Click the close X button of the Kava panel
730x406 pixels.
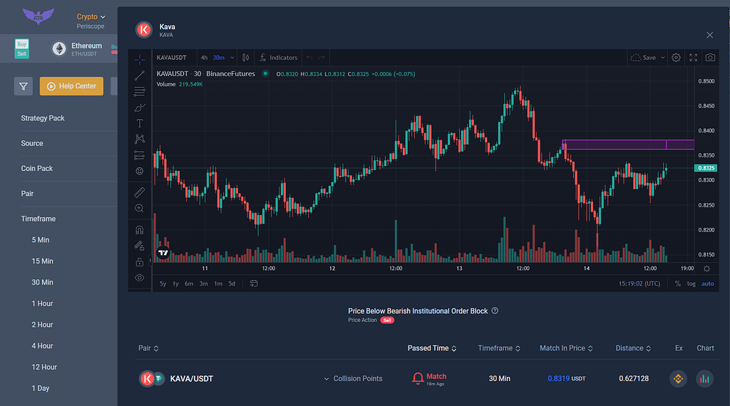point(709,35)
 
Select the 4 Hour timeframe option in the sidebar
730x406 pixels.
point(43,346)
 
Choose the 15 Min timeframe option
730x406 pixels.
point(43,261)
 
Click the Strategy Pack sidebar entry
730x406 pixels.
point(43,118)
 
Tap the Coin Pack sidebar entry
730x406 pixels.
point(37,169)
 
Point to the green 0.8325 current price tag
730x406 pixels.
point(705,168)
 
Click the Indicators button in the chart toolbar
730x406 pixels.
point(279,58)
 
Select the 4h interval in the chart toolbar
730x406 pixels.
point(204,58)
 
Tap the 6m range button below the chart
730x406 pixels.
point(189,283)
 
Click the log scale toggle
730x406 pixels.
point(691,283)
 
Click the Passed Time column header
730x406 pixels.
point(428,348)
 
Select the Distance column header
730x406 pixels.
point(629,348)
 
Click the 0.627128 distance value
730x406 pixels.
point(634,379)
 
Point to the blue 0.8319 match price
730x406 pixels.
point(558,379)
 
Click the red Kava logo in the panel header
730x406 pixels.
point(144,30)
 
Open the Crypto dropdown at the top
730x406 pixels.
point(91,16)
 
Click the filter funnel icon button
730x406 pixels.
point(24,86)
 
